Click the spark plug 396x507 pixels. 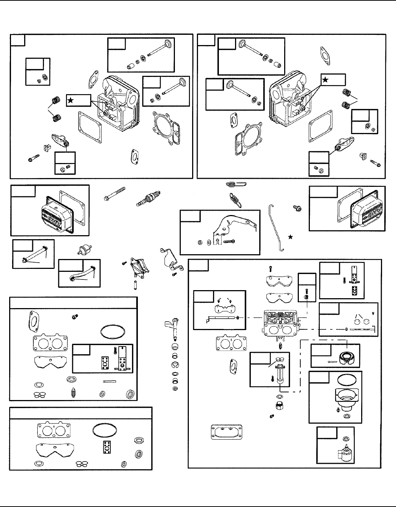point(148,198)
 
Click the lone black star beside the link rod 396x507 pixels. point(291,237)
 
